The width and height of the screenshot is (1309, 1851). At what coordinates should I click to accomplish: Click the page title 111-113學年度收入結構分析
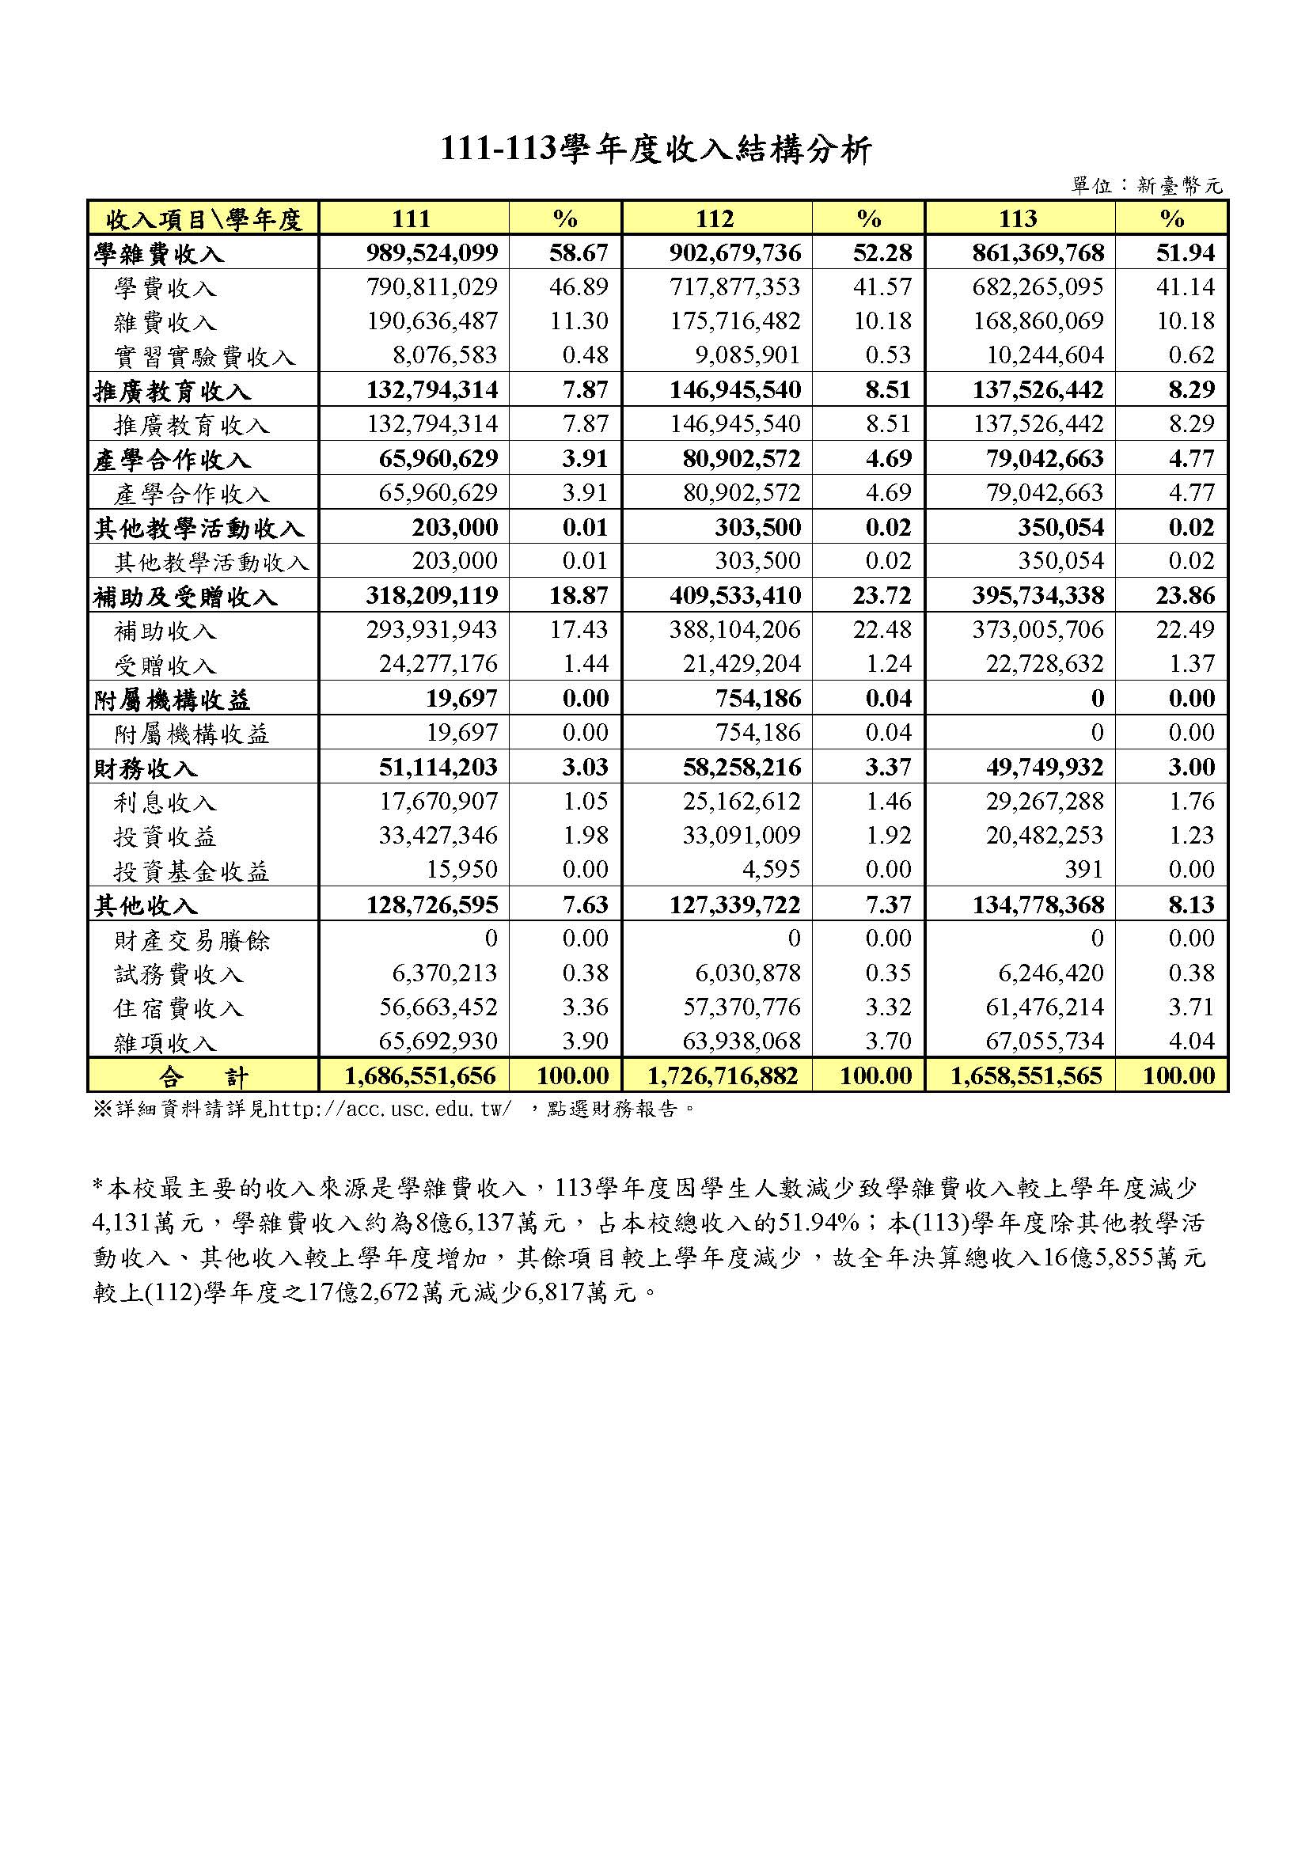(x=655, y=150)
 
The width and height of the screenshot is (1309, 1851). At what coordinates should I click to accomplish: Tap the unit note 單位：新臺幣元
(x=1146, y=186)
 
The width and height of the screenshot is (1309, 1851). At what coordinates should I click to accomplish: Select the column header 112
(x=715, y=218)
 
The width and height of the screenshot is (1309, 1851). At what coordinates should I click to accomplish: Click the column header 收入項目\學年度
(x=203, y=218)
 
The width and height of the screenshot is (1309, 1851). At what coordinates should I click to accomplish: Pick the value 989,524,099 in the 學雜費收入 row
(x=432, y=253)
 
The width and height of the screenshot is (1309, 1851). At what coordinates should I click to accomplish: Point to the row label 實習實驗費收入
(x=205, y=356)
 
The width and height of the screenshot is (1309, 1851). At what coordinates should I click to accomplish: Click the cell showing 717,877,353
(x=735, y=287)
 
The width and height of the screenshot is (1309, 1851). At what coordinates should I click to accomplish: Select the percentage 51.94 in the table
(x=1184, y=253)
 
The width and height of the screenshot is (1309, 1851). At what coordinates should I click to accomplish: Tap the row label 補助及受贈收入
(x=185, y=597)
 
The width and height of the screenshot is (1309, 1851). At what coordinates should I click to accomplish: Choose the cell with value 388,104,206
(x=735, y=630)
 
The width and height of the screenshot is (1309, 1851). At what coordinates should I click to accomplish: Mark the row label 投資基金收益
(x=191, y=871)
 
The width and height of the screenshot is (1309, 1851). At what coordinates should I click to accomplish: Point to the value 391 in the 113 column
(x=1083, y=869)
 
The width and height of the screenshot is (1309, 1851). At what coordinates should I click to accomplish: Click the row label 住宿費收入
(x=178, y=1007)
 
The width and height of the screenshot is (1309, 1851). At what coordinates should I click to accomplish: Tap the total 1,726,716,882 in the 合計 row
(x=723, y=1075)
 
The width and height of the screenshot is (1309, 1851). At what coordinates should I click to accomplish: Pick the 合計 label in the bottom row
(x=203, y=1076)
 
